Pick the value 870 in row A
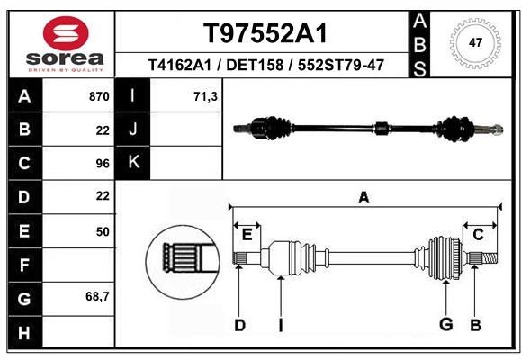click(98, 95)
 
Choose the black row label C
click(24, 164)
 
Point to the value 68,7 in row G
click(98, 296)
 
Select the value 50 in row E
click(103, 231)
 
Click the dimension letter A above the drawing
click(364, 198)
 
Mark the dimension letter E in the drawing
click(247, 235)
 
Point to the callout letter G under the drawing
click(445, 325)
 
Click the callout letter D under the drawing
click(239, 325)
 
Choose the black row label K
click(134, 164)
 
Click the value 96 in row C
click(103, 164)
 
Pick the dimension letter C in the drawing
click(479, 235)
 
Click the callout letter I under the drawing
click(281, 325)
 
